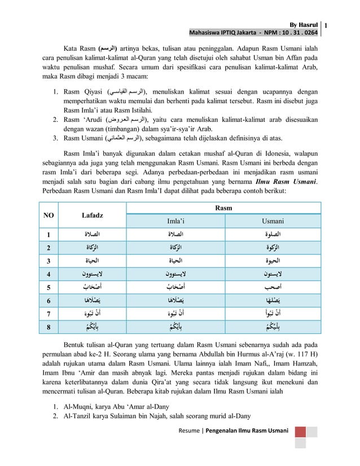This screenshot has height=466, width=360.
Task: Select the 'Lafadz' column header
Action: tap(89, 216)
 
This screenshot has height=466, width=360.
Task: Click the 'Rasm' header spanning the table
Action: tap(223, 208)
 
